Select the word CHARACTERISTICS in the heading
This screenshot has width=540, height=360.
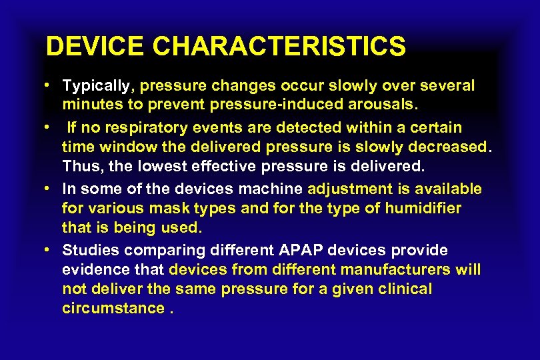(279, 47)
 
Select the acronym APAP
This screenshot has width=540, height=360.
(313, 250)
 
